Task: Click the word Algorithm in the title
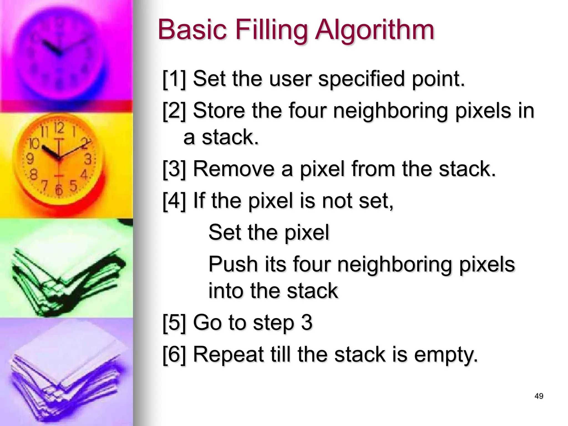click(375, 31)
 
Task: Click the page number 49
click(539, 396)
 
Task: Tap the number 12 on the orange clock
click(59, 128)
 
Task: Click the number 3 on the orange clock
click(88, 159)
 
